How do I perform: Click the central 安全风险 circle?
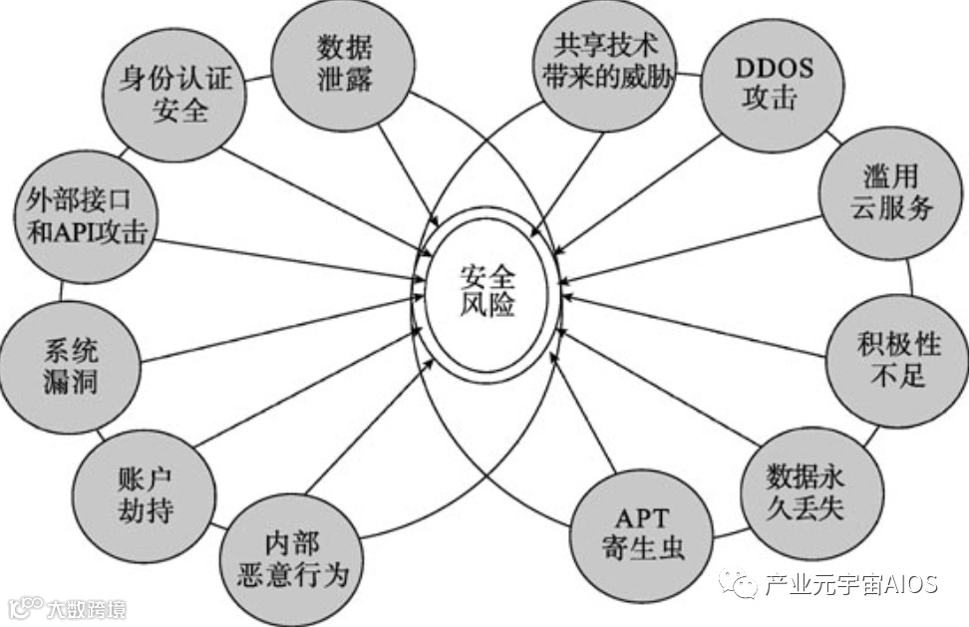487,290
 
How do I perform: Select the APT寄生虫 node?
643,533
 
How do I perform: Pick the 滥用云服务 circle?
891,193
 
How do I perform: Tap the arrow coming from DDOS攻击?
638,169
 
